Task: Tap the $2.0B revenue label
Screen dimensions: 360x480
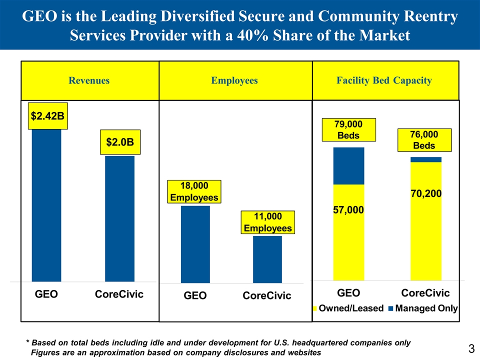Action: [x=119, y=142]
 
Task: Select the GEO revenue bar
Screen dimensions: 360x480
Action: [x=46, y=205]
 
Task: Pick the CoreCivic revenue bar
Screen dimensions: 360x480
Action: [x=119, y=218]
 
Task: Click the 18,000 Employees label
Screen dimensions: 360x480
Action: [x=194, y=191]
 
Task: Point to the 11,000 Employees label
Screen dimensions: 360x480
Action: [x=267, y=222]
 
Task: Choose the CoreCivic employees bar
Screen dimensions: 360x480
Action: [x=267, y=259]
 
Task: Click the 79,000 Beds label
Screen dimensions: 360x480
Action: [x=349, y=130]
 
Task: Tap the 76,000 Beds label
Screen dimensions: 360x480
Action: [x=424, y=140]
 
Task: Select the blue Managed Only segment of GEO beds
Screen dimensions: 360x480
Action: [x=348, y=166]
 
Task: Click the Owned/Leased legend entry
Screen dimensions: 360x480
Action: [x=347, y=308]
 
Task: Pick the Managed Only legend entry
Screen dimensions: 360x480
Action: [x=423, y=308]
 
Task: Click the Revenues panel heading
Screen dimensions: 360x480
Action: [x=89, y=80]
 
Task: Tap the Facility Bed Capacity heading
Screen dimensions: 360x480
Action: [x=384, y=80]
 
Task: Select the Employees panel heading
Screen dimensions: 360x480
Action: [x=235, y=80]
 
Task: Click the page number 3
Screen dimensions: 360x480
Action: [x=470, y=348]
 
